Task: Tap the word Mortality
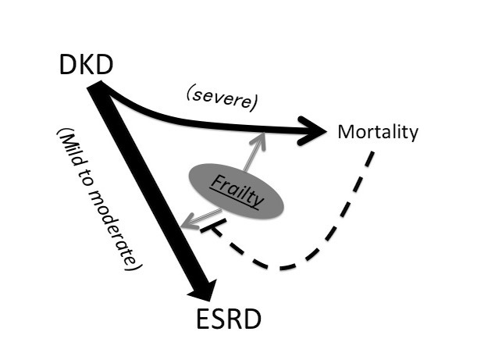[x=377, y=131]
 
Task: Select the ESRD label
[x=229, y=319]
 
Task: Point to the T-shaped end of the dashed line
[x=205, y=227]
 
